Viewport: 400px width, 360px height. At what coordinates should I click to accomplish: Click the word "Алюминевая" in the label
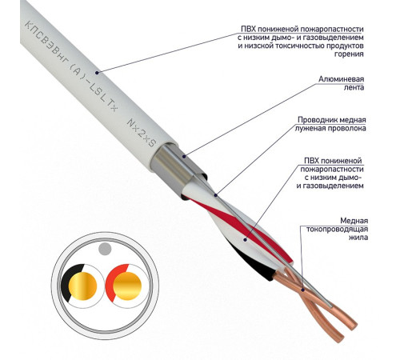pos(342,79)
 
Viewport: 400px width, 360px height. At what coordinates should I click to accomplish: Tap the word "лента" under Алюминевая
pos(354,87)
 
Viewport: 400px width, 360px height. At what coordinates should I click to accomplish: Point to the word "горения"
pos(349,54)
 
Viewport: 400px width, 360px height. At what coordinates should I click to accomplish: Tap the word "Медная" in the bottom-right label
pos(354,221)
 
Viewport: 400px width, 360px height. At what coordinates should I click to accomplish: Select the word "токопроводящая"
pos(337,230)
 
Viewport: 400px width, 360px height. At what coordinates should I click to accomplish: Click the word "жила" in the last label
pos(358,238)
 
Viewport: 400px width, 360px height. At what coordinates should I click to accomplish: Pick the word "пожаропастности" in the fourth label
pos(332,170)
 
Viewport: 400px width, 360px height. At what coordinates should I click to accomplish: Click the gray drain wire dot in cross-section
pos(105,249)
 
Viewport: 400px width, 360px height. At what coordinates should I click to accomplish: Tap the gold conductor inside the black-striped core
pos(82,286)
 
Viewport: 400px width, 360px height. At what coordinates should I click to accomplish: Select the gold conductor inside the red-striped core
pos(127,286)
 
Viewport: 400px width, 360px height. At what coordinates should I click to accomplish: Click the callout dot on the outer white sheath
pos(97,72)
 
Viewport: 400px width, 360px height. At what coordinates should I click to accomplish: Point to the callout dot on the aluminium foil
pos(184,156)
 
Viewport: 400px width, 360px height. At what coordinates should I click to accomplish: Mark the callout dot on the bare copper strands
pos(302,290)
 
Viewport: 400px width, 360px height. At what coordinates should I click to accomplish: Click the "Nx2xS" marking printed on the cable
pos(142,133)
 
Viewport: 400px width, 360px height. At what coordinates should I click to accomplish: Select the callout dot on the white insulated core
pos(245,239)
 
